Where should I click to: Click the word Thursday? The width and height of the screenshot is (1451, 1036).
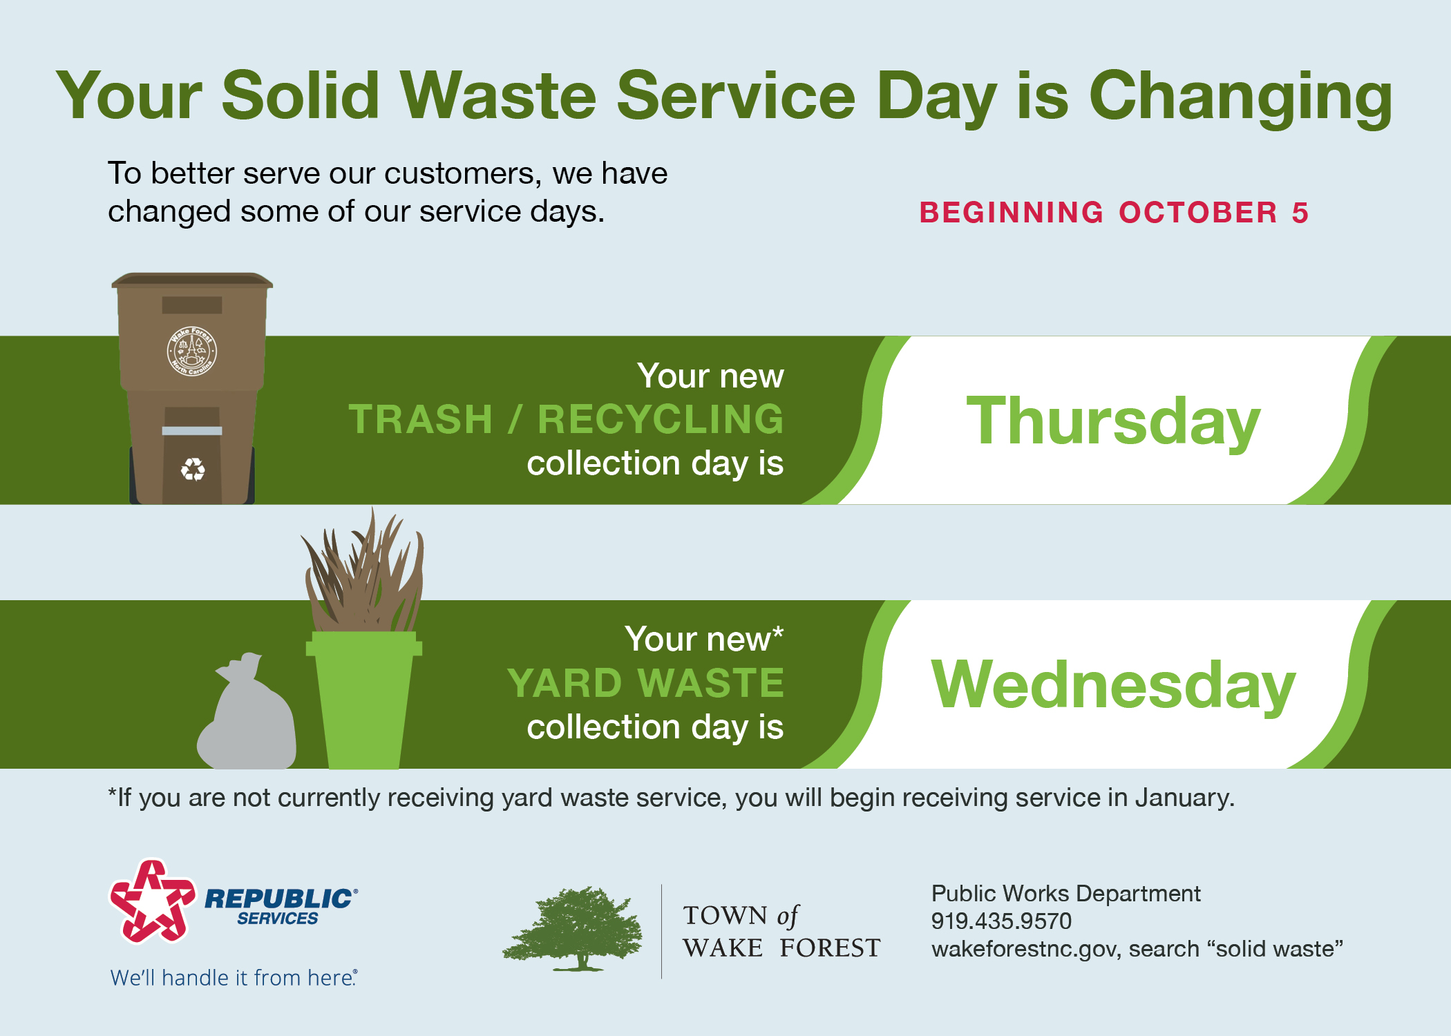1112,421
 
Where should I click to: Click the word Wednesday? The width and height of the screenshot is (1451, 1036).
1112,685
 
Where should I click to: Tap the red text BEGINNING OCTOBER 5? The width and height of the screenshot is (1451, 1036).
1113,213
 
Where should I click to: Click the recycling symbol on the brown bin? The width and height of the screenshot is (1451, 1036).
193,470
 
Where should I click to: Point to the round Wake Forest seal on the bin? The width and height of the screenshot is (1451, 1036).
192,352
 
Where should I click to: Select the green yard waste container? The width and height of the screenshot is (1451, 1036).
363,698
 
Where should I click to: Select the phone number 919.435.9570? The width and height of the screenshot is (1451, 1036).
1000,921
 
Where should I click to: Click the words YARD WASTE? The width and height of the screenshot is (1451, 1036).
645,683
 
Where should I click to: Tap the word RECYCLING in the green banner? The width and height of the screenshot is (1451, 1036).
661,419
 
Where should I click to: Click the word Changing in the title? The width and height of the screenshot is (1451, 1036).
1240,97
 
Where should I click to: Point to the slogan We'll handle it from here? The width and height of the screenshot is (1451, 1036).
234,978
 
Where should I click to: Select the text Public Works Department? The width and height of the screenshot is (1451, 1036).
1065,894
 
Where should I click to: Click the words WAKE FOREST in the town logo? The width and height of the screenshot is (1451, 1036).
781,948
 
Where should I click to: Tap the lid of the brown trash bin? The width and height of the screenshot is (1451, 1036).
192,280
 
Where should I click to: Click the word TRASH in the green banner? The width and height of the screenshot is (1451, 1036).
420,419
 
